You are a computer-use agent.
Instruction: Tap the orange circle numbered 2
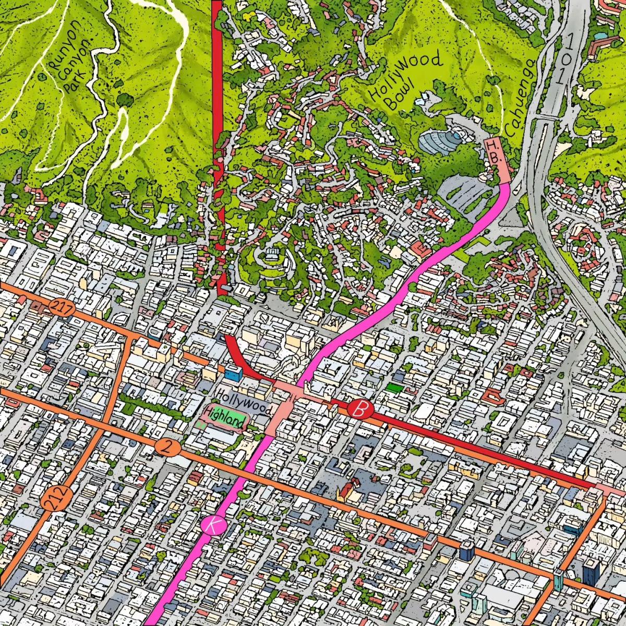[x=167, y=447]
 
